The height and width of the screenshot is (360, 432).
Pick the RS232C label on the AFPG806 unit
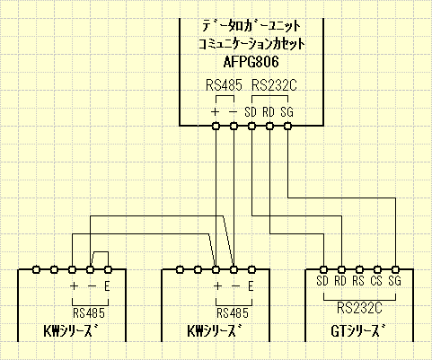point(273,86)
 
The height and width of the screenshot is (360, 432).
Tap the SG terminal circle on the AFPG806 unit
point(287,127)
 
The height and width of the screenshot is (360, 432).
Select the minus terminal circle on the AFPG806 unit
point(234,127)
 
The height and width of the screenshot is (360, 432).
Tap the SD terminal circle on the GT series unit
point(322,269)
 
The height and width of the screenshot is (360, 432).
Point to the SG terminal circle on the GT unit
point(395,269)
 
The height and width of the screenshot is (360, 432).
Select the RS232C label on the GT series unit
point(359,307)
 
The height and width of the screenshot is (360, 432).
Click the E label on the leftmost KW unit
point(108,286)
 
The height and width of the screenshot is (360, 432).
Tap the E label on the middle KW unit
point(251,286)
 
